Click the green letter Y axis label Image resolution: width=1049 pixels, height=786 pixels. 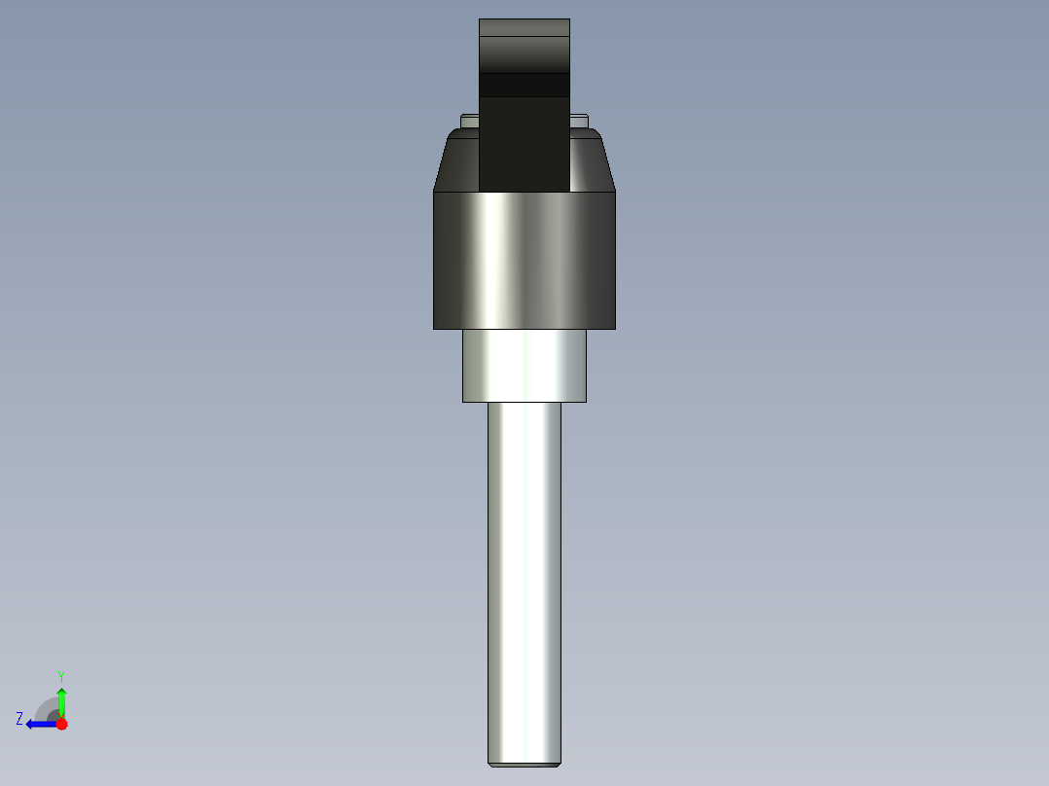point(60,675)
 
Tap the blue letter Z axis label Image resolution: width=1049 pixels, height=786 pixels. point(19,718)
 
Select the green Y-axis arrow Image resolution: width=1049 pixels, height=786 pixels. point(61,700)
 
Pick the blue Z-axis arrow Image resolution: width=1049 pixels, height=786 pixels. point(39,724)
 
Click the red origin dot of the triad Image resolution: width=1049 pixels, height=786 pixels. point(61,724)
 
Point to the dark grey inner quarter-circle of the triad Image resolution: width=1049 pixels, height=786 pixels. point(54,716)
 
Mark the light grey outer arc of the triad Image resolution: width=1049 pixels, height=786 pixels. point(43,704)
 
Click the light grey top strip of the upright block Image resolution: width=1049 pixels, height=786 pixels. point(524,27)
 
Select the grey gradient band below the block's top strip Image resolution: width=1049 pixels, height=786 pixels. point(524,54)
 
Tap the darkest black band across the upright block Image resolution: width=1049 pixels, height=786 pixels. point(524,86)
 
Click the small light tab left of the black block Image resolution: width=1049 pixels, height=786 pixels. point(470,121)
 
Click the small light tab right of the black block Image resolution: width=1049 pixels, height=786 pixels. point(580,121)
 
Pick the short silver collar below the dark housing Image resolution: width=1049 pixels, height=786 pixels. point(524,366)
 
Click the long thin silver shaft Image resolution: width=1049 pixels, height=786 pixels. point(524,584)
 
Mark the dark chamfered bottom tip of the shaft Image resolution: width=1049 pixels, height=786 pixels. point(524,764)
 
